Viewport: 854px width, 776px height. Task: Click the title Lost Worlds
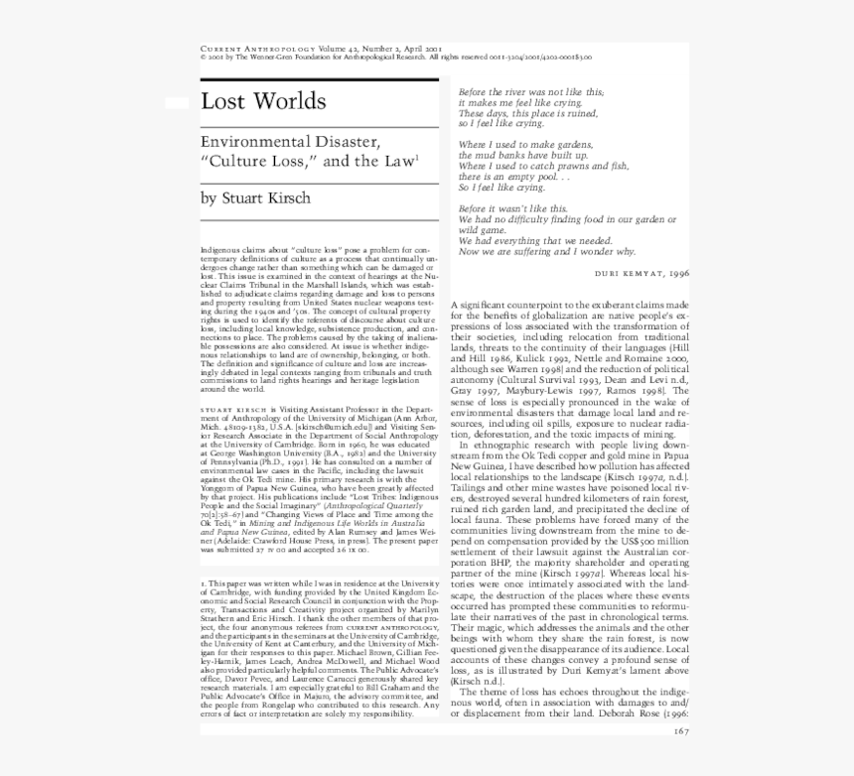click(263, 101)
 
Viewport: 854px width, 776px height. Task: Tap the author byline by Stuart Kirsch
click(255, 198)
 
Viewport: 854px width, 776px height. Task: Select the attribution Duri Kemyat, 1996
click(641, 271)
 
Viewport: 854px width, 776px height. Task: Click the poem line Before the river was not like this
click(530, 91)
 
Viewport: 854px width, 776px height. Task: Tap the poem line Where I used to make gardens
click(525, 145)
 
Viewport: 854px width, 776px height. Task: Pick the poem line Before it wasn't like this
click(512, 208)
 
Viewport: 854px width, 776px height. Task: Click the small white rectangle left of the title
click(177, 102)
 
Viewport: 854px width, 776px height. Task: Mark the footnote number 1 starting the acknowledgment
click(203, 582)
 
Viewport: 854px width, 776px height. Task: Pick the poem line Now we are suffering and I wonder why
click(547, 252)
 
